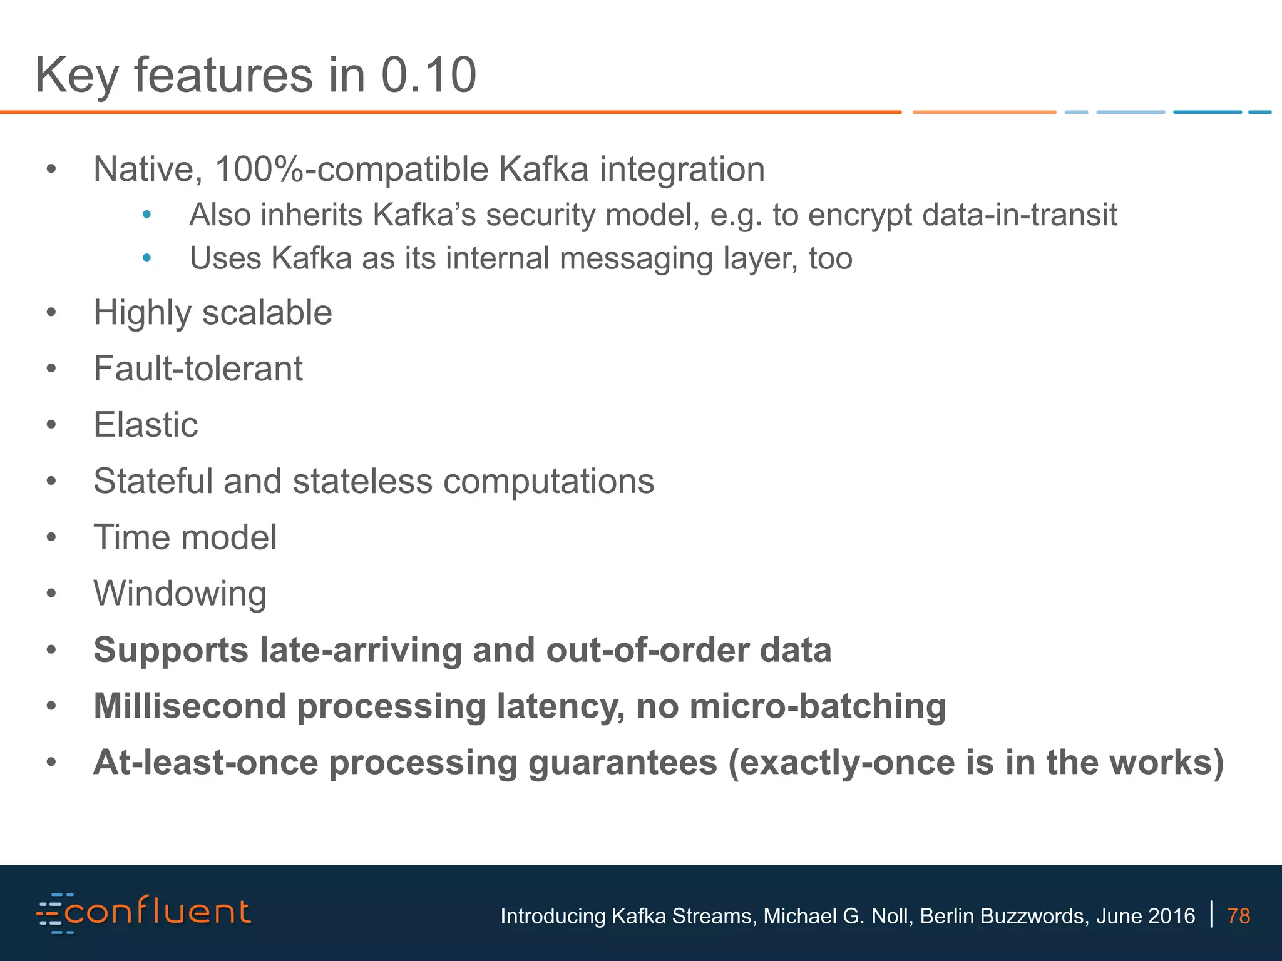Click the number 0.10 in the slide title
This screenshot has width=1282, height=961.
(429, 75)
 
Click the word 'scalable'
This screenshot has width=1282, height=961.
(267, 312)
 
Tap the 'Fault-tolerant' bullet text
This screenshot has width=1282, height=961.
(198, 369)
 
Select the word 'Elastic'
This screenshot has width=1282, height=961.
(145, 425)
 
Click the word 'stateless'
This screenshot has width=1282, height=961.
(362, 481)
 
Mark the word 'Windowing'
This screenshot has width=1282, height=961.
(180, 594)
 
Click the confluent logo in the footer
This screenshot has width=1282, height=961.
(144, 913)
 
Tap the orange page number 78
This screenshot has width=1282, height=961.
(1239, 916)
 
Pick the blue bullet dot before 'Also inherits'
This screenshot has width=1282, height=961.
(146, 215)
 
